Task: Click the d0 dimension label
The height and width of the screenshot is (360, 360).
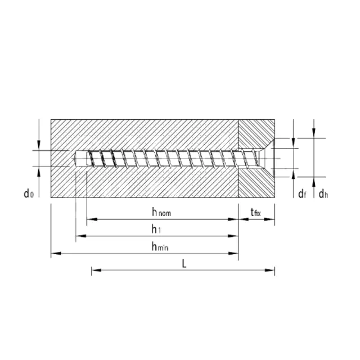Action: tap(29, 193)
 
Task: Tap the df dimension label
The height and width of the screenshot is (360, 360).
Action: tap(302, 194)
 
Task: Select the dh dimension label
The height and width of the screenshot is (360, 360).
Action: tap(323, 194)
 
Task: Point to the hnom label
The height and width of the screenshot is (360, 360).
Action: tap(161, 212)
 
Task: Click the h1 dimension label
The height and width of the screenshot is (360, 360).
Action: tap(156, 229)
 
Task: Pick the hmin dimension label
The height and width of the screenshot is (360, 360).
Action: tap(160, 246)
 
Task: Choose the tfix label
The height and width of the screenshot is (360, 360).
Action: tap(255, 212)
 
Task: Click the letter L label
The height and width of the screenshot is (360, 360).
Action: tap(184, 263)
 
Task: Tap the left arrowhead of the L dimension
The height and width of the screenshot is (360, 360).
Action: tap(96, 270)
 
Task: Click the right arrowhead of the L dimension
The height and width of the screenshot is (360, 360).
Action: tap(270, 270)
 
